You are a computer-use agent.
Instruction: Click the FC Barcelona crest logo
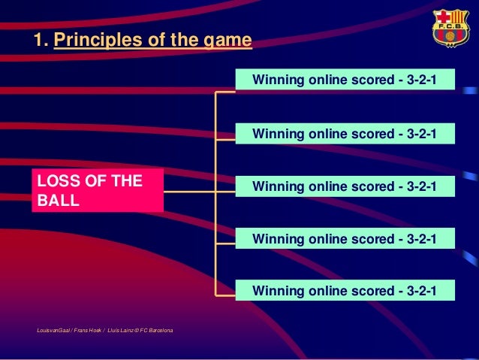pos(450,28)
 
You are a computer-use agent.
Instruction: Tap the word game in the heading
pos(227,41)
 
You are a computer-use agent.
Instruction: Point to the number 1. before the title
pos(41,40)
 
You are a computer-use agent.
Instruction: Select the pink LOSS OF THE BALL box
pos(98,190)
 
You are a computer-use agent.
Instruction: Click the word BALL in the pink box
pos(58,201)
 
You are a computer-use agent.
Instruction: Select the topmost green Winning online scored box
pos(345,79)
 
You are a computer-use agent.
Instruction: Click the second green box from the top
pos(345,133)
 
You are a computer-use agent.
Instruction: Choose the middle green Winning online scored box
pos(345,186)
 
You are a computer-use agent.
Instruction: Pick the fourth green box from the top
pos(345,238)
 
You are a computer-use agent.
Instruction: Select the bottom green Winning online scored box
pos(345,290)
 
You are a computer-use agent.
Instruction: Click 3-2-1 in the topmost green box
pos(421,80)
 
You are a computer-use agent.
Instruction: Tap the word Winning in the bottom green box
pos(278,291)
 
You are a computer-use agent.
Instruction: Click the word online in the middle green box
pos(327,186)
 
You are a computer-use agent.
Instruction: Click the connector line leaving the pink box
pos(189,192)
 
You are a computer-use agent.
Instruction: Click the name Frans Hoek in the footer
pos(87,331)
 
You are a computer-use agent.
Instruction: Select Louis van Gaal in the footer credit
pos(53,331)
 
